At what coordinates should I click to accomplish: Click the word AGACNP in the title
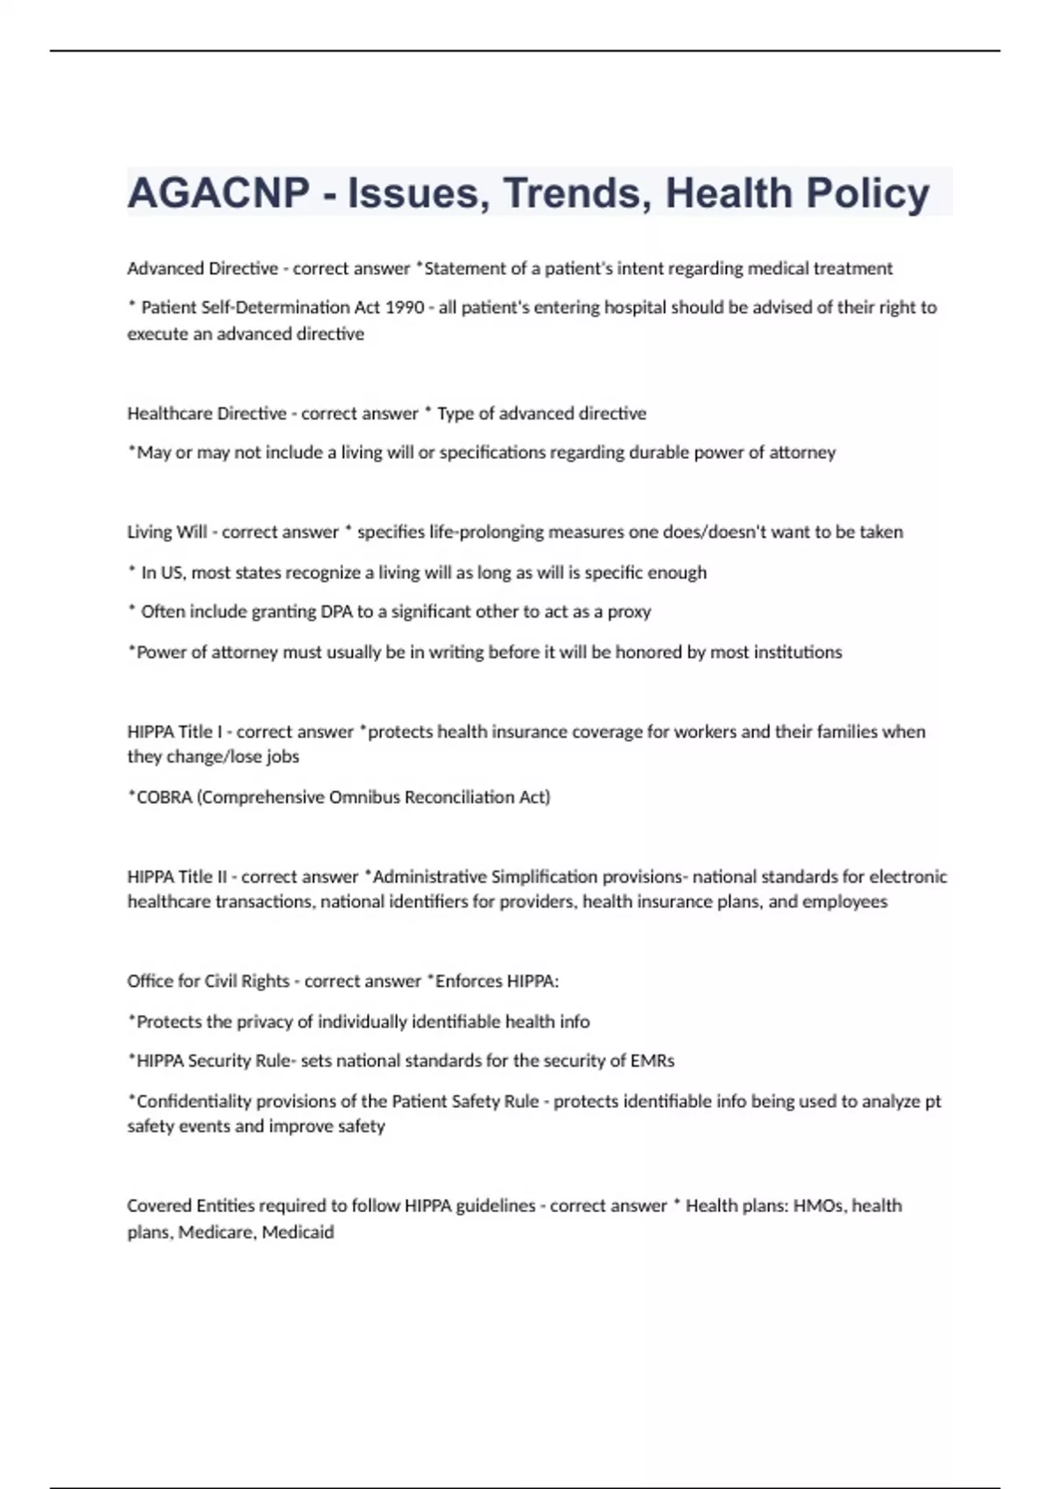click(218, 194)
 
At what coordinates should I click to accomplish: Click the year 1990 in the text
click(405, 307)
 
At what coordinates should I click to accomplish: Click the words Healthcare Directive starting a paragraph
click(207, 413)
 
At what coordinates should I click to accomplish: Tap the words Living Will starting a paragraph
click(167, 532)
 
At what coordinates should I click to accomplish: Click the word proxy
click(629, 611)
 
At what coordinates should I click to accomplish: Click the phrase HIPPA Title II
click(177, 877)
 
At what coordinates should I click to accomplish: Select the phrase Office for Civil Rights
click(208, 981)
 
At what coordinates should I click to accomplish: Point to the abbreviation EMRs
click(652, 1061)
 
